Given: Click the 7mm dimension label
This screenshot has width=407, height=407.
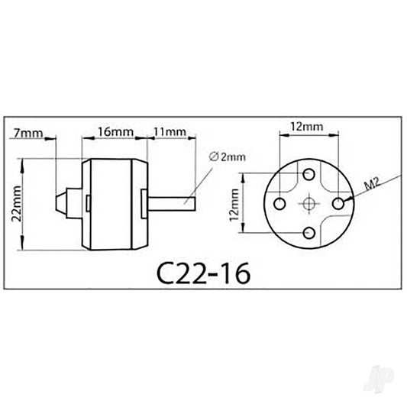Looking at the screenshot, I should tap(28, 132).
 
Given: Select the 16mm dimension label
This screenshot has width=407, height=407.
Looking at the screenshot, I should tap(115, 131).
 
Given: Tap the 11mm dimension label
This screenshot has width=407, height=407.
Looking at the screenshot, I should tap(170, 131).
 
